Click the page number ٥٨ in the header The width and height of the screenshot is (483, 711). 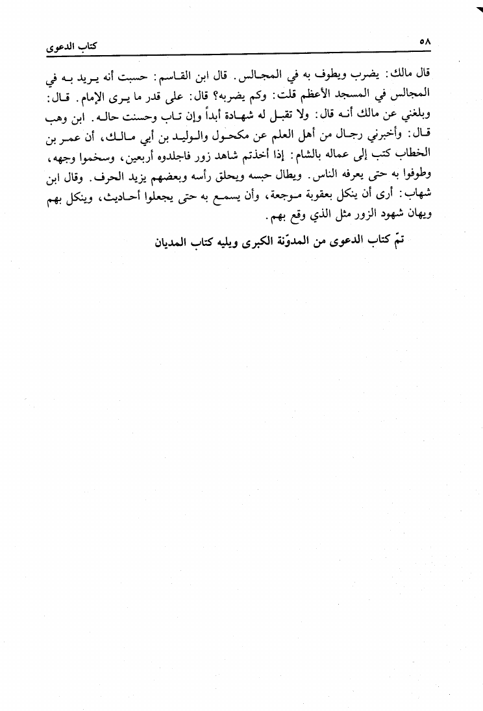pyautogui.click(x=427, y=42)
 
